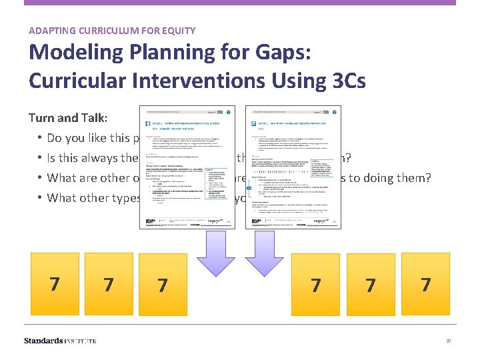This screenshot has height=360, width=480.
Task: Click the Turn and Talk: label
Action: point(69,118)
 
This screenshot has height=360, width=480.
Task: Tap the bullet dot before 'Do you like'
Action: point(40,139)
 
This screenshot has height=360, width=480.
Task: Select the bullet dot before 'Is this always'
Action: point(40,158)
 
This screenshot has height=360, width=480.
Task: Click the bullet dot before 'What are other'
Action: point(40,178)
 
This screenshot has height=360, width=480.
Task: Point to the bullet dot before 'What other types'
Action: point(40,197)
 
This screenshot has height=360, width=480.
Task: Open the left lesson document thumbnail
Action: point(187,167)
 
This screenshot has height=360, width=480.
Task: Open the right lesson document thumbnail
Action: point(293,167)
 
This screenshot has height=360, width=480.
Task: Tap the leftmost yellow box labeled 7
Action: point(54,284)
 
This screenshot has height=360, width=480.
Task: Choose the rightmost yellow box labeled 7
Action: point(425,284)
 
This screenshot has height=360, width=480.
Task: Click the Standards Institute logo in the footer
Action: point(60,341)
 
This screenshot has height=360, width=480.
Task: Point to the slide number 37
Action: point(449,341)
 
